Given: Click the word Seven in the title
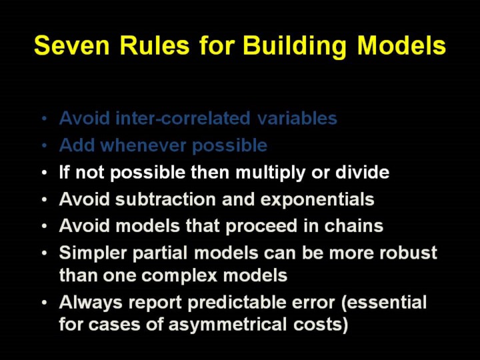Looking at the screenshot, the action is tap(72, 45).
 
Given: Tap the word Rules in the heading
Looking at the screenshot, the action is tap(155, 45).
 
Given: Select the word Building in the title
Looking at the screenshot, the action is tap(295, 47).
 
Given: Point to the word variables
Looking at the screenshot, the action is tap(297, 118).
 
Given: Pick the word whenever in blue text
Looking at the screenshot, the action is tap(143, 145).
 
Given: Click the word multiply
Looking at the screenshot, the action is tap(270, 173).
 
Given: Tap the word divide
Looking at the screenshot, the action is tap(362, 172).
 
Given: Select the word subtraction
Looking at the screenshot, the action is tap(165, 199).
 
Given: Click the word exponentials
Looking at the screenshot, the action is tap(317, 200).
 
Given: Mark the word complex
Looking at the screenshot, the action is tap(179, 276).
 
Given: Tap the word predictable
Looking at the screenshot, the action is tap(236, 303).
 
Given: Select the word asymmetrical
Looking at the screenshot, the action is tap(227, 325).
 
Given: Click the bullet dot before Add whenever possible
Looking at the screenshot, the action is tap(45, 146).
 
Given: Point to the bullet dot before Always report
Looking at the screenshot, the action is tap(45, 303).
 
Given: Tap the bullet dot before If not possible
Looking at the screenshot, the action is tap(45, 173).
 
